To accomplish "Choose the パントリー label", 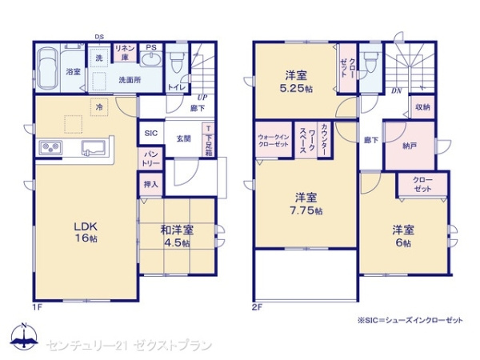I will [151, 158].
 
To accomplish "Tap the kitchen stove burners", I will [52, 148].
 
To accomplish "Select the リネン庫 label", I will [124, 53].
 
